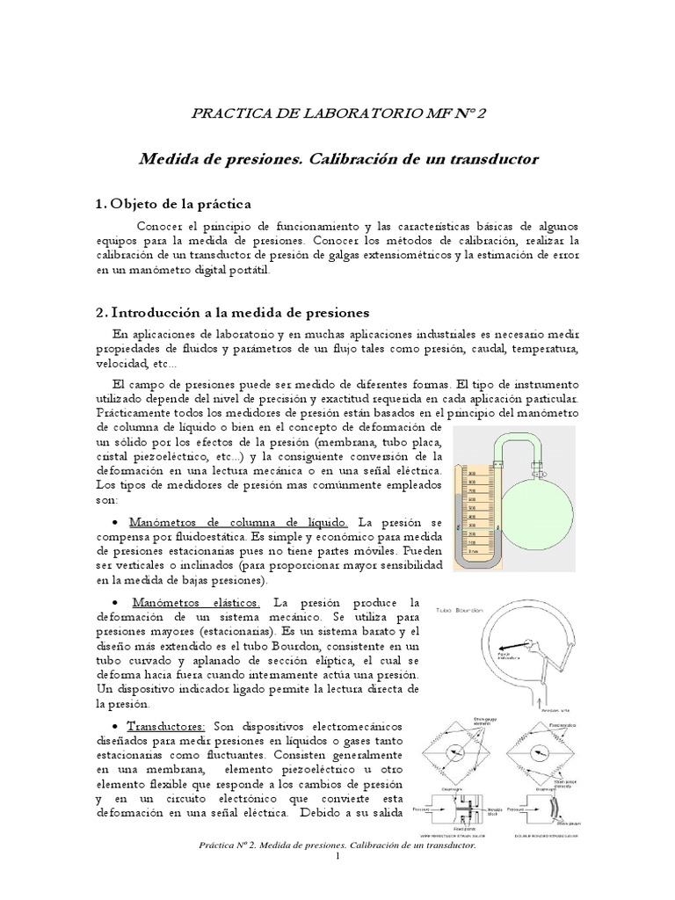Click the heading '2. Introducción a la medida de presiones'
232,312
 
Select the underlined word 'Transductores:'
167,725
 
